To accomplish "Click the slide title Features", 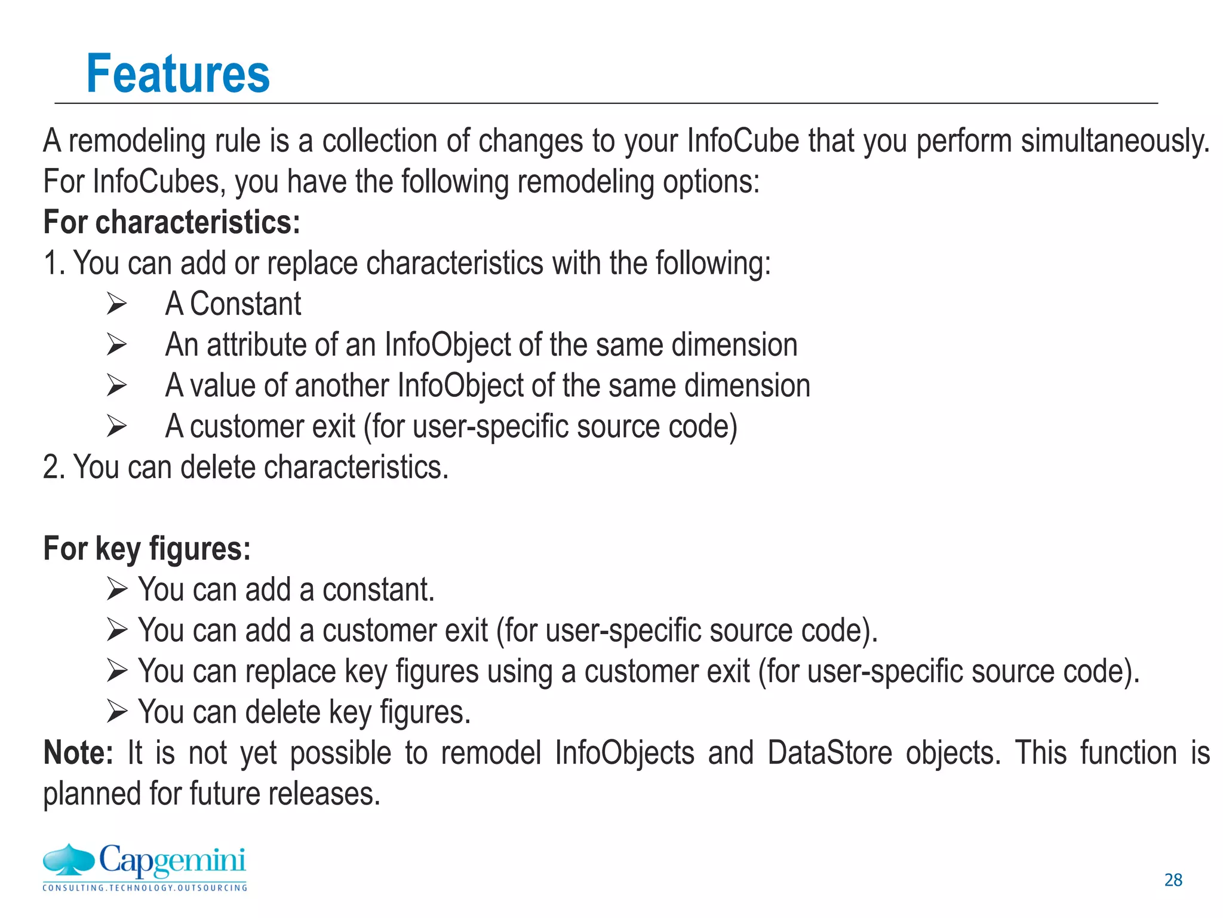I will pos(178,74).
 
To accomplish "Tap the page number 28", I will pos(1173,880).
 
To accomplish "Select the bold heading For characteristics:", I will pos(171,222).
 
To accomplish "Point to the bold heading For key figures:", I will pos(147,549).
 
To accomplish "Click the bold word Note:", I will pos(78,753).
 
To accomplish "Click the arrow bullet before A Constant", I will pos(116,304).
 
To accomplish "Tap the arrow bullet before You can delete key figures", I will pos(117,712).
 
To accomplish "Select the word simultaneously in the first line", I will pos(1115,141).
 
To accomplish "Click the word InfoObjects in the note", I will pos(625,753).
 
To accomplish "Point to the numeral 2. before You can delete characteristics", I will pos(54,467).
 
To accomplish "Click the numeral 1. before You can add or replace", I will pos(54,263).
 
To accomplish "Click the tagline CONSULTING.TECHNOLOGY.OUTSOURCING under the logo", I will pos(145,888).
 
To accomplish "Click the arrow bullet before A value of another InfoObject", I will pos(116,385).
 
